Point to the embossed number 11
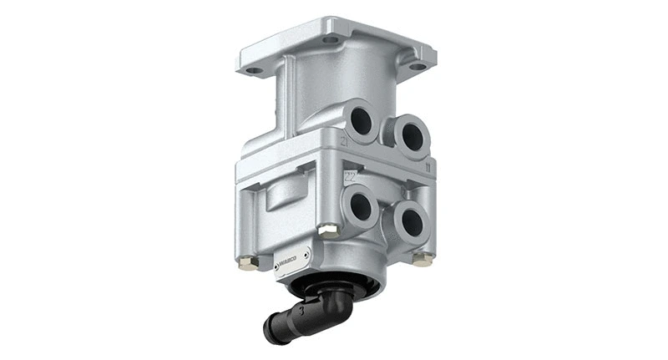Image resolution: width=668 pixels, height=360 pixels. click(428, 165)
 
